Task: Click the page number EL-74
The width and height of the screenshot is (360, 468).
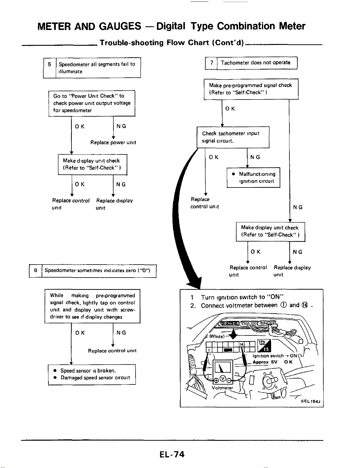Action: point(172,454)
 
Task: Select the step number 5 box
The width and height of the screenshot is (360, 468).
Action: point(50,68)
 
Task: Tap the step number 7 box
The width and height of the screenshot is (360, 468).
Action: point(211,63)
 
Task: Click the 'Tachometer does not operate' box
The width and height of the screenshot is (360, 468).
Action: point(257,63)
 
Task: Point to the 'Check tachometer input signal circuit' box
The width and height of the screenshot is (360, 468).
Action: point(233,137)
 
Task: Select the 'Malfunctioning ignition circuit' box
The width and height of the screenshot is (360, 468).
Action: point(253,177)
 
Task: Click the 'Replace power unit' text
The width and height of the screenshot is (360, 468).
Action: point(113,142)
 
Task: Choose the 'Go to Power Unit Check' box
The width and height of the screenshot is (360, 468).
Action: point(92,103)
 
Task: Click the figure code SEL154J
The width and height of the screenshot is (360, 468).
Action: point(310,401)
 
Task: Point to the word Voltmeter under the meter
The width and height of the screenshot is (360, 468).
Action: point(222,388)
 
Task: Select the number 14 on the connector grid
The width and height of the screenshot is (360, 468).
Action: point(241,345)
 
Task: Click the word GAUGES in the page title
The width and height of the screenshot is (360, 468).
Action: point(120,26)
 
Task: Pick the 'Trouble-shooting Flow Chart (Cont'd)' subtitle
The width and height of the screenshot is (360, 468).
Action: point(172,43)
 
